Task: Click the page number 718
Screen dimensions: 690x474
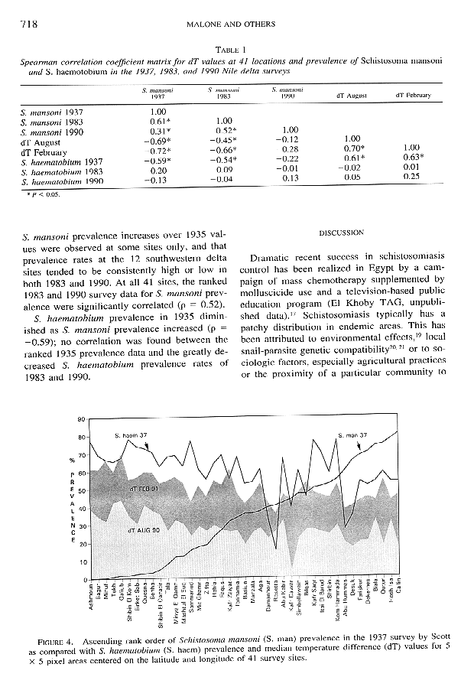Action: tap(28, 24)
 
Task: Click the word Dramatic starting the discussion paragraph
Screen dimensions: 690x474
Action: tap(274, 256)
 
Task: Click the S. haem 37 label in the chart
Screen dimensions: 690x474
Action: tap(129, 435)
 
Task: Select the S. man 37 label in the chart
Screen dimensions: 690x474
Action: tap(352, 435)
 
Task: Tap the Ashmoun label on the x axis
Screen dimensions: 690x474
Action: tap(91, 599)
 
